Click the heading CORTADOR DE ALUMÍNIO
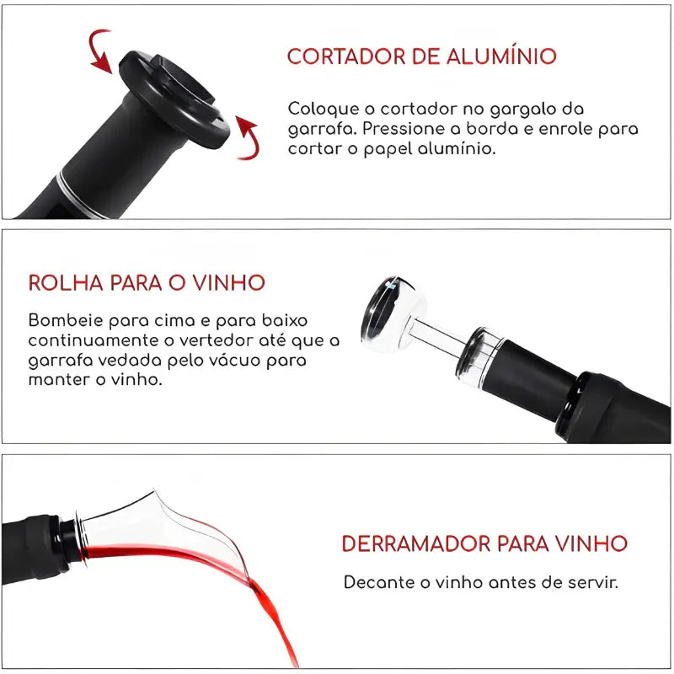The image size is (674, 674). click(421, 56)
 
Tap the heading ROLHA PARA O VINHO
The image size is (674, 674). click(147, 282)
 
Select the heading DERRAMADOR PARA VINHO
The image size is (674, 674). click(484, 543)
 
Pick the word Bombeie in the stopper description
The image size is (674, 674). click(62, 321)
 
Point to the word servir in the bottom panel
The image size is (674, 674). click(592, 582)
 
